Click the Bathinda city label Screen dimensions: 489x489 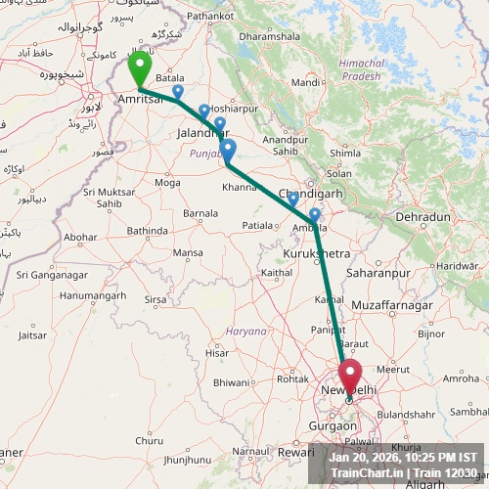point(148,231)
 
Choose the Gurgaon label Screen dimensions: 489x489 point(333,427)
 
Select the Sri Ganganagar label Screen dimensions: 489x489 point(51,275)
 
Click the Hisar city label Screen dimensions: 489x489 point(217,352)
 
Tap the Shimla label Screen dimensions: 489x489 point(345,154)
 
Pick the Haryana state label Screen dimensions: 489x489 point(245,332)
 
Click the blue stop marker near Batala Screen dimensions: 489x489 point(177,92)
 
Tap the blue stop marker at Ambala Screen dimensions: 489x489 point(314,215)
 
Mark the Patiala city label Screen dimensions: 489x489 point(259,225)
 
